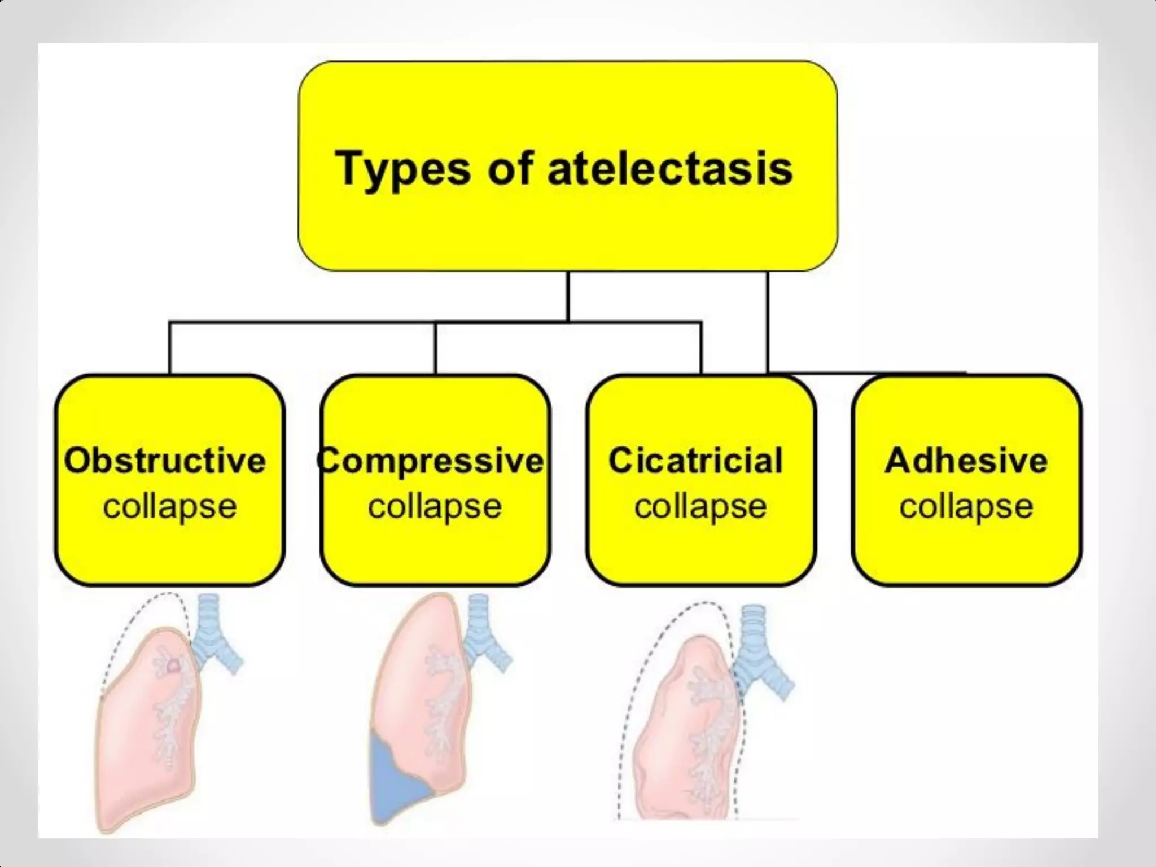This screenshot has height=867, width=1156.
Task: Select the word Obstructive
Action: click(x=165, y=461)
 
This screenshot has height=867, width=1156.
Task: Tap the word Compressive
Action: click(x=432, y=461)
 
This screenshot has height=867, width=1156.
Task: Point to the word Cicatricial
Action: click(x=695, y=461)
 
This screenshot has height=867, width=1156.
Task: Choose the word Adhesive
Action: click(x=966, y=461)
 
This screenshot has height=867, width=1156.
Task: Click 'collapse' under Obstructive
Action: click(x=169, y=506)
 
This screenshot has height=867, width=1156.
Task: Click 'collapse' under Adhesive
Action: click(x=966, y=506)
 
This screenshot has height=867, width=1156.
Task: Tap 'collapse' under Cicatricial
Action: click(x=700, y=506)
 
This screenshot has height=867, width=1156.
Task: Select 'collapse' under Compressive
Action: click(x=435, y=506)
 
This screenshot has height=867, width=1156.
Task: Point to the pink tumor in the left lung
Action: click(x=173, y=666)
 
